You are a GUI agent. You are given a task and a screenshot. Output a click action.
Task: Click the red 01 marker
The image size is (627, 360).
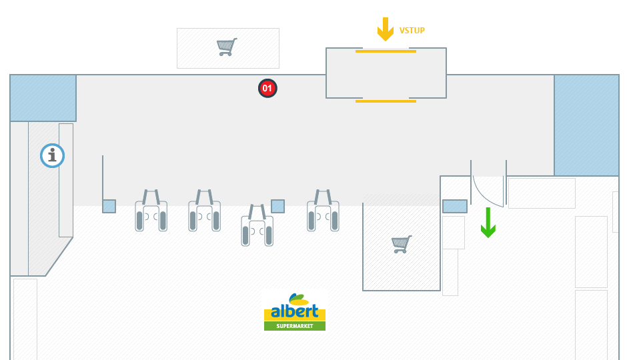click(x=267, y=88)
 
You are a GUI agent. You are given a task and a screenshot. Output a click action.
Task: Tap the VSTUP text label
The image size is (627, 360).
click(x=412, y=31)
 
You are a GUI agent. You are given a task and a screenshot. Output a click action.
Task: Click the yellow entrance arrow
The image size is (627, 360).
click(x=386, y=29)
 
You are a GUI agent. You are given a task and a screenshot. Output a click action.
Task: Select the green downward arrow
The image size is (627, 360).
click(x=488, y=223)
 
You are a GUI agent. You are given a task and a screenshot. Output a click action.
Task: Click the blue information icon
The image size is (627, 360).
click(x=52, y=155)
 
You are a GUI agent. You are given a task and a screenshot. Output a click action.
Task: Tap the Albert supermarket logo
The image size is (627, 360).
click(x=295, y=312)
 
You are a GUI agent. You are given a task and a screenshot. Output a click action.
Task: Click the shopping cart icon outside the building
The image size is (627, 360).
click(x=227, y=47)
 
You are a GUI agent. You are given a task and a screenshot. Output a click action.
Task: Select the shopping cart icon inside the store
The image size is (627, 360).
click(x=401, y=244)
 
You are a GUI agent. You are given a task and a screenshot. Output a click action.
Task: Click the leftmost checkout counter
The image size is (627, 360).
click(x=151, y=212)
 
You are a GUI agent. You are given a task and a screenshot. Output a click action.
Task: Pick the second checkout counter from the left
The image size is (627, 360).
click(x=204, y=212)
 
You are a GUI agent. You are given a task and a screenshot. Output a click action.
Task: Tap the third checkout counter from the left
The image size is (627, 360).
click(x=257, y=227)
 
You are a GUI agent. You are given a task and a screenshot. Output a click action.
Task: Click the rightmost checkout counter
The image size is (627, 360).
click(x=323, y=212)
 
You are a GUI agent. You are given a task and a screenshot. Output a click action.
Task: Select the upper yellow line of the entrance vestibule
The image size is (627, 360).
click(x=386, y=51)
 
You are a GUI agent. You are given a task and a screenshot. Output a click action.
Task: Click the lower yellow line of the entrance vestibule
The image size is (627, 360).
click(x=386, y=101)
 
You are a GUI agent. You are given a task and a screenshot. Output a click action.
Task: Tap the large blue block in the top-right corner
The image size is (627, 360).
click(x=586, y=125)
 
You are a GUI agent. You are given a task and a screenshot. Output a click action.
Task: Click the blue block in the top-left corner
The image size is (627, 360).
click(x=43, y=97)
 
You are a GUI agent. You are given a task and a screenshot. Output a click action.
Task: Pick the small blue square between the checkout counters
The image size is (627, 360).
click(x=277, y=206)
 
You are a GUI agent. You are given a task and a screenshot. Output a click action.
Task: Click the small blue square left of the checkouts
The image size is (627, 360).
click(x=109, y=206)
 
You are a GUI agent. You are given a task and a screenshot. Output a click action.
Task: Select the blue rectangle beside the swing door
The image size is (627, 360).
click(x=455, y=206)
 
